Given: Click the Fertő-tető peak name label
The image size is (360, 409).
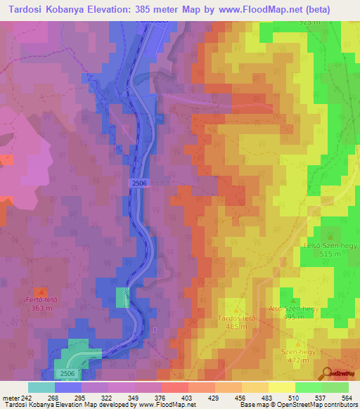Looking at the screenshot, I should [x=41, y=299].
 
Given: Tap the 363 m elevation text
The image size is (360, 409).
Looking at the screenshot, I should [x=41, y=308].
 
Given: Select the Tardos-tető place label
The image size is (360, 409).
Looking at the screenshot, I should [x=236, y=318].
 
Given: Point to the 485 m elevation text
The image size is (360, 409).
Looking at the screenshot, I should [x=236, y=327].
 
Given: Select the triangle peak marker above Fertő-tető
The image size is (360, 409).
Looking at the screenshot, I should [x=41, y=290].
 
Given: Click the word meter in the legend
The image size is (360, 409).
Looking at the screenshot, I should [x=11, y=398].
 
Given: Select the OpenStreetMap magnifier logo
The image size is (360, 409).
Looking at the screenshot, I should [x=327, y=372].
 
